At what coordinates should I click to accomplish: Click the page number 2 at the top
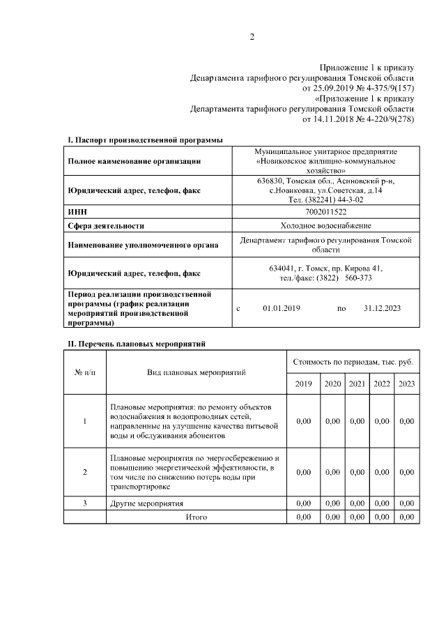(x=252, y=37)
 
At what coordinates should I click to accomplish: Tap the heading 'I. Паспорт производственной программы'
(x=145, y=140)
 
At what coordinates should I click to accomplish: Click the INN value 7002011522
(x=326, y=211)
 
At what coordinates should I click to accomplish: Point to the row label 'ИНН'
(x=77, y=211)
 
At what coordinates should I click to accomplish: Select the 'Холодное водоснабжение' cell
(x=326, y=225)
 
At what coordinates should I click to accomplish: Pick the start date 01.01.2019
(x=281, y=307)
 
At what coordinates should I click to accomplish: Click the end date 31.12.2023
(x=382, y=307)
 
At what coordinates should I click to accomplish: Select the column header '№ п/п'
(x=85, y=372)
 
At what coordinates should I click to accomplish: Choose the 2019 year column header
(x=303, y=384)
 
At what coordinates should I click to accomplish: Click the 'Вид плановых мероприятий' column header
(x=196, y=372)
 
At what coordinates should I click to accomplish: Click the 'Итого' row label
(x=196, y=517)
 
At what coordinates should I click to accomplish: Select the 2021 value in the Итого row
(x=357, y=517)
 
